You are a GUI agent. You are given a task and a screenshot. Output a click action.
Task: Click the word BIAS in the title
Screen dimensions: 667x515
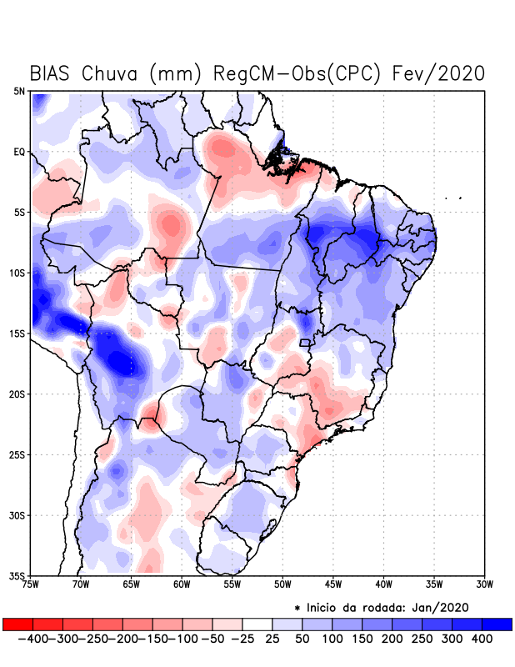coord(52,73)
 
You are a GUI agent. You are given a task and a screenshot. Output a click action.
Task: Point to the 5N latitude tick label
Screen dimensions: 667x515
coord(19,91)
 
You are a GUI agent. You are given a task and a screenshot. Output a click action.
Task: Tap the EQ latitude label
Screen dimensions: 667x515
coord(19,152)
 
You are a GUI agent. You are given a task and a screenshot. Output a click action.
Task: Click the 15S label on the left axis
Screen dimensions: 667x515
coord(17,333)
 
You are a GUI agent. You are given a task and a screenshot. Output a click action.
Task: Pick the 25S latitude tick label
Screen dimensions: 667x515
coord(17,454)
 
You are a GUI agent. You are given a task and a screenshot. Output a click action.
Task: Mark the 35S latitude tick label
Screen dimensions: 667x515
coord(17,575)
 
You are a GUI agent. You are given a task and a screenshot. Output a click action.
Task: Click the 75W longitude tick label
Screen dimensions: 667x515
coord(30,584)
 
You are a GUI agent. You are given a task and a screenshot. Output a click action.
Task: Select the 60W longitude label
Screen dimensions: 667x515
coord(182,584)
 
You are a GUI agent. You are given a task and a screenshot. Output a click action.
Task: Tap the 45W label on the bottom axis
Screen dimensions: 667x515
coord(333,584)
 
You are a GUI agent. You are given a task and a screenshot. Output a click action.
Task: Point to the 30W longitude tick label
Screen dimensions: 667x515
coord(485,584)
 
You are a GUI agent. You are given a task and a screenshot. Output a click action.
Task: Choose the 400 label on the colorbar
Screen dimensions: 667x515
coord(481,639)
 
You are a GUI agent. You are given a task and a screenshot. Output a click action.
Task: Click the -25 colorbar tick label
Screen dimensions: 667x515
coord(242,639)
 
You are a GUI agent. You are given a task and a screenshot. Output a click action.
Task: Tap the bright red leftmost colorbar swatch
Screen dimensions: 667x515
coord(18,624)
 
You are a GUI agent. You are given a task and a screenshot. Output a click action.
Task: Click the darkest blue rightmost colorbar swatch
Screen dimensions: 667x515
coord(497,624)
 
